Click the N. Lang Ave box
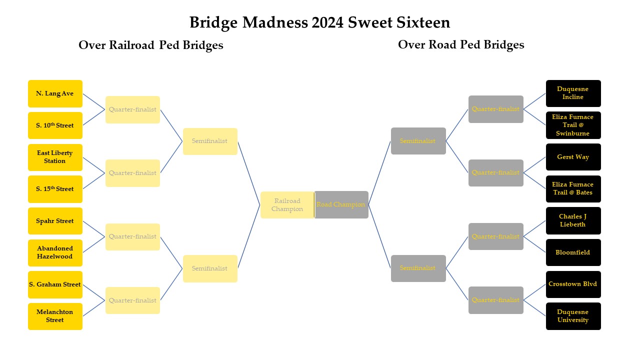pyautogui.click(x=55, y=93)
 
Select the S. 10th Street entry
pyautogui.click(x=55, y=125)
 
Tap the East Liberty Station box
pyautogui.click(x=55, y=157)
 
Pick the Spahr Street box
pyautogui.click(x=55, y=221)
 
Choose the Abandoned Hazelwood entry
pyautogui.click(x=55, y=252)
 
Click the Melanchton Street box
pyautogui.click(x=55, y=316)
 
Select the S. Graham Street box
pyautogui.click(x=55, y=284)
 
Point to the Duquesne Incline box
pyautogui.click(x=573, y=93)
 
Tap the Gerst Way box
pyautogui.click(x=573, y=157)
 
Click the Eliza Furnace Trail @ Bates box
pyautogui.click(x=573, y=188)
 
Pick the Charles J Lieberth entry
pyautogui.click(x=573, y=220)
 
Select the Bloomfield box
pyautogui.click(x=573, y=252)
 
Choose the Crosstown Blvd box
pyautogui.click(x=573, y=284)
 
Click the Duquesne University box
pyautogui.click(x=573, y=316)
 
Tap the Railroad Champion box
pyautogui.click(x=287, y=205)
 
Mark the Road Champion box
pyautogui.click(x=341, y=204)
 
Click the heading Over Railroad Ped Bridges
pyautogui.click(x=150, y=45)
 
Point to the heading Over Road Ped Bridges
pyautogui.click(x=461, y=44)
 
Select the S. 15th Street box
pyautogui.click(x=55, y=189)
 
